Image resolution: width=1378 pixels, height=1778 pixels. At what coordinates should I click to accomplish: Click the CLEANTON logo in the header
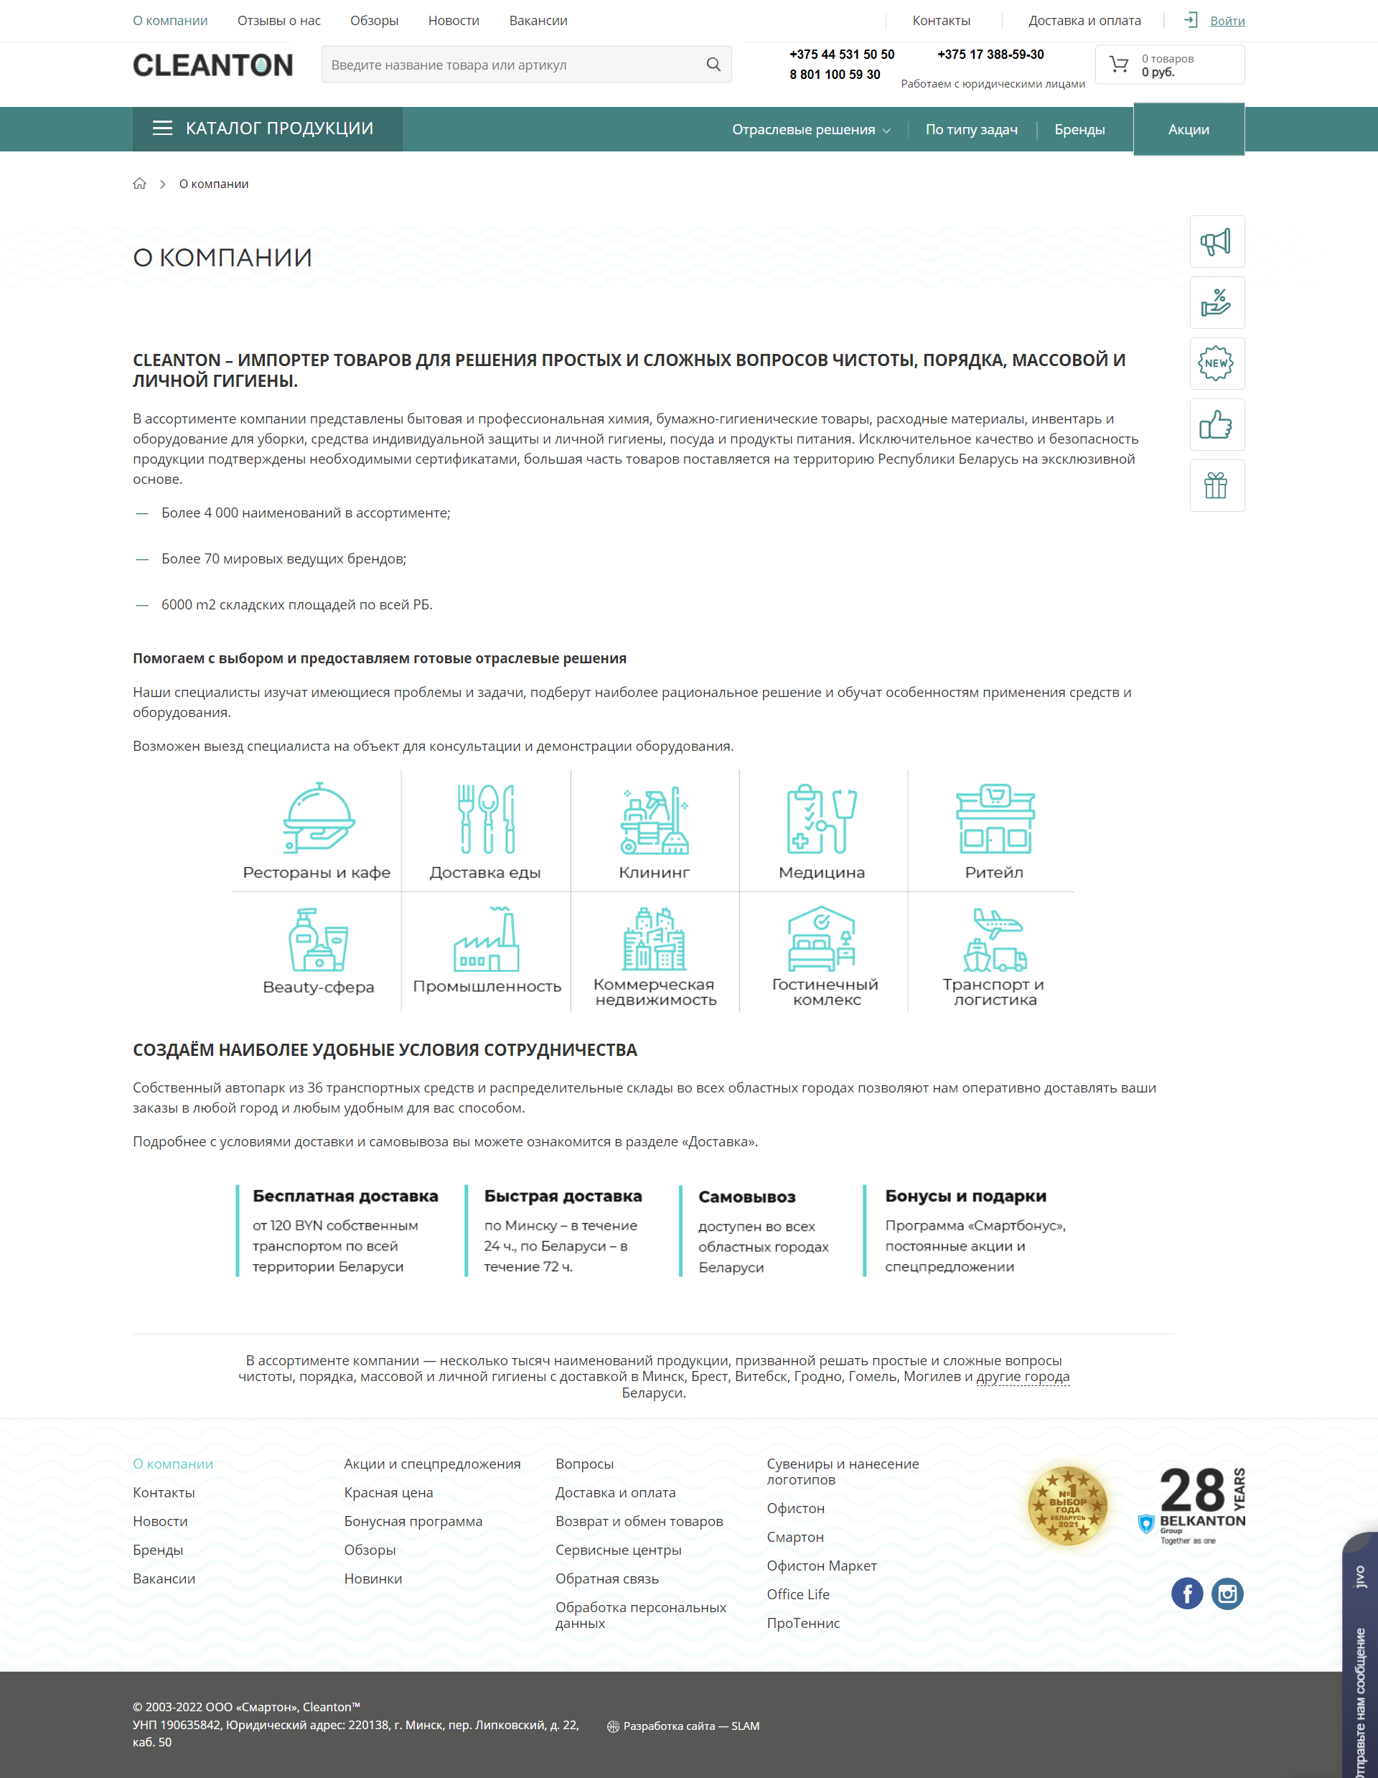(x=212, y=65)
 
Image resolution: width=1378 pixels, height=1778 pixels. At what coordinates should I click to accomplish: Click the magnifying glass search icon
(x=713, y=65)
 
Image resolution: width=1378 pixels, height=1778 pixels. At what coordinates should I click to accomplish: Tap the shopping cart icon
(x=1119, y=65)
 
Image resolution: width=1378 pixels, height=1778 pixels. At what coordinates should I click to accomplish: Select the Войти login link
(x=1227, y=20)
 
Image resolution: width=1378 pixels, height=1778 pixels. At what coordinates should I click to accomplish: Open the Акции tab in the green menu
(x=1189, y=129)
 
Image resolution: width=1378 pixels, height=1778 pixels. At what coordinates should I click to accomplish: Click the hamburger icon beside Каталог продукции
(x=163, y=128)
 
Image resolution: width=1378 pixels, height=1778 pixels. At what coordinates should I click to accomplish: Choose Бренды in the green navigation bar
(x=1079, y=129)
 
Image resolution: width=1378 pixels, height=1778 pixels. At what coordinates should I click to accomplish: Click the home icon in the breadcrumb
(x=140, y=184)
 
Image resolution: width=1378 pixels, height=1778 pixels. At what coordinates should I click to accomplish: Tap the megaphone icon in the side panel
(x=1216, y=242)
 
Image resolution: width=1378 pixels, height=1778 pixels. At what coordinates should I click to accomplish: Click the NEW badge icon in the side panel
(x=1216, y=364)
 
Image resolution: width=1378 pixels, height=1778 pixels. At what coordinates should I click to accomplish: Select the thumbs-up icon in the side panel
(x=1216, y=425)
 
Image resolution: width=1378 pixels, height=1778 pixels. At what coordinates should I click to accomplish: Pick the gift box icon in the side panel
(x=1216, y=486)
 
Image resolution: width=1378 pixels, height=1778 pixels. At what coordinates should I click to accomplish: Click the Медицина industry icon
(x=821, y=819)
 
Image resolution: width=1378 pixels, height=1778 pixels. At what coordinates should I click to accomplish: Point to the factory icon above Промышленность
(x=487, y=940)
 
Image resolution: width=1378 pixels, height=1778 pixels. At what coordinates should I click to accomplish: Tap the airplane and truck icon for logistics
(x=995, y=940)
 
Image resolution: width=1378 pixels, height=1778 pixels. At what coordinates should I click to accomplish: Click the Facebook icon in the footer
(x=1186, y=1594)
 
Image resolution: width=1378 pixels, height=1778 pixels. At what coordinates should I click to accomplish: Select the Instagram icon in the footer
(x=1227, y=1594)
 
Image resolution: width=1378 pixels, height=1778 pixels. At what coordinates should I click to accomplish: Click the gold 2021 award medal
(x=1068, y=1506)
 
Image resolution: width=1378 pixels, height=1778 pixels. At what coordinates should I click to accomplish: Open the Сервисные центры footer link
(x=618, y=1550)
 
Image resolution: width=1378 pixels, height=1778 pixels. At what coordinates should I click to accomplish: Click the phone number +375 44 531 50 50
(x=842, y=55)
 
